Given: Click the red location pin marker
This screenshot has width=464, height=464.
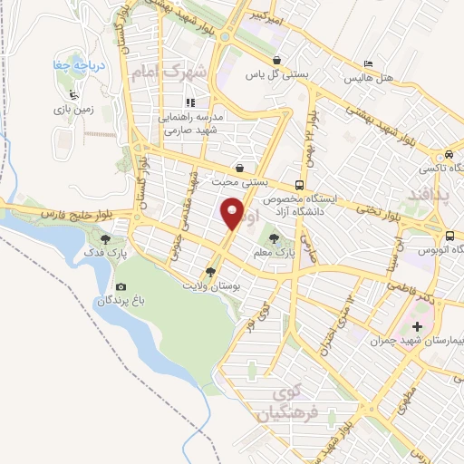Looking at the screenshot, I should tap(233, 214).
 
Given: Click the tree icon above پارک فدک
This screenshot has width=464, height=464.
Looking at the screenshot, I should tap(107, 239).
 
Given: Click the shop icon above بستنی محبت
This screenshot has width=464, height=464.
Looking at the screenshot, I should tap(239, 168).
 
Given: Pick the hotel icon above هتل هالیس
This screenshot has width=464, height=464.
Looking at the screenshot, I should tap(367, 63).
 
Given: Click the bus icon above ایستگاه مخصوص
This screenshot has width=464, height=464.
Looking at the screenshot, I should tap(300, 182).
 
